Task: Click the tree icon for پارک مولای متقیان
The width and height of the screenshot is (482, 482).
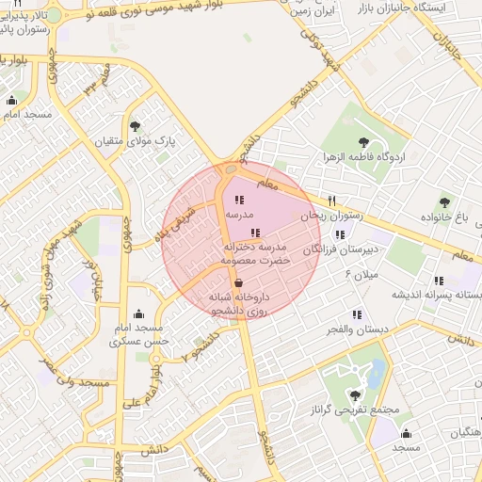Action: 135,125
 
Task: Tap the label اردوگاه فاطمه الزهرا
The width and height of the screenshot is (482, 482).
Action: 362,156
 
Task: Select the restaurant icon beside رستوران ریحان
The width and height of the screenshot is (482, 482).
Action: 331,201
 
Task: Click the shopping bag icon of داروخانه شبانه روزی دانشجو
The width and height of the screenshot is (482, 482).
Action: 238,281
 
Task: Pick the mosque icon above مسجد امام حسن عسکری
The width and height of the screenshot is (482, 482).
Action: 139,313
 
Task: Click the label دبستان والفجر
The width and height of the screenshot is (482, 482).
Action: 352,329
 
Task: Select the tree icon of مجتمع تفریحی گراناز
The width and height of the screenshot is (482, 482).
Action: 354,395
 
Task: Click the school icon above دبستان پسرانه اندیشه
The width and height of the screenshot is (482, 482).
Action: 439,280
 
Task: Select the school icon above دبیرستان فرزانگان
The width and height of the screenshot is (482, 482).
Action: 339,233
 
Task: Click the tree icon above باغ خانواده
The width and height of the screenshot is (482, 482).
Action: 444,202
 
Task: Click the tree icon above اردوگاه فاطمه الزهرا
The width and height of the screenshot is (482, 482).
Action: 361,141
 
